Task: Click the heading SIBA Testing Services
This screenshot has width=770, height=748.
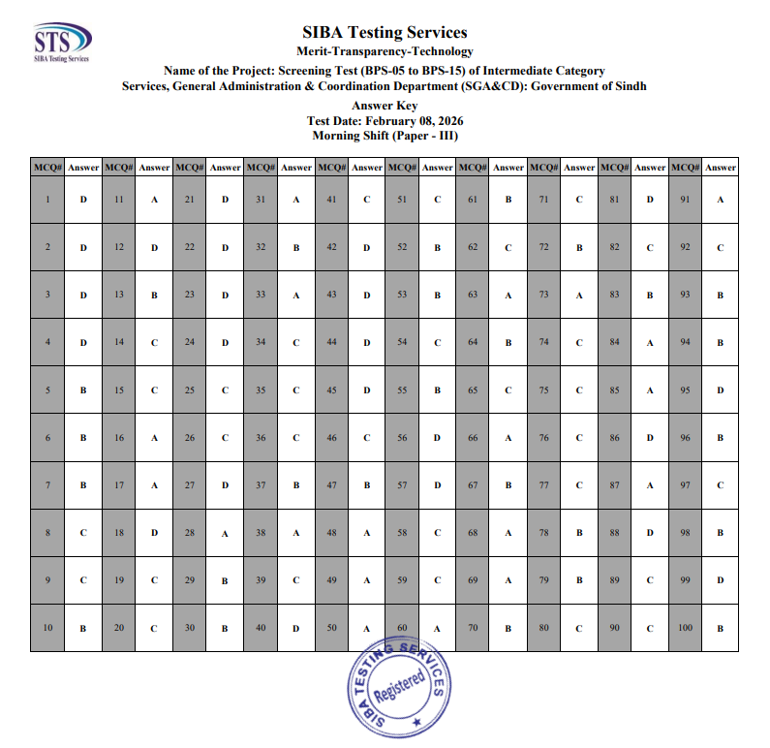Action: pyautogui.click(x=385, y=34)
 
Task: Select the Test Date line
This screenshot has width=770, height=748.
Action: pyautogui.click(x=385, y=121)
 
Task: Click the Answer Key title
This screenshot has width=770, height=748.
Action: pyautogui.click(x=385, y=107)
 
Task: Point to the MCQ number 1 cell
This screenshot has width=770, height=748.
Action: pyautogui.click(x=47, y=200)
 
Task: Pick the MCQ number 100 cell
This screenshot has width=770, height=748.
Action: pyautogui.click(x=686, y=627)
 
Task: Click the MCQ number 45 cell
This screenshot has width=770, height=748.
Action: pyautogui.click(x=331, y=390)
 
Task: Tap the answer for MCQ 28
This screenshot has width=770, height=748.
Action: pyautogui.click(x=225, y=533)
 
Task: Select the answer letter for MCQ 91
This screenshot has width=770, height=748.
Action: pyautogui.click(x=721, y=200)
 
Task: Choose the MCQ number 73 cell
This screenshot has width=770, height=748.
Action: pyautogui.click(x=543, y=295)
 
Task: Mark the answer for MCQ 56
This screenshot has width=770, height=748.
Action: pyautogui.click(x=438, y=437)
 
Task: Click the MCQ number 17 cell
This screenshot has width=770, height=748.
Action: pyautogui.click(x=118, y=484)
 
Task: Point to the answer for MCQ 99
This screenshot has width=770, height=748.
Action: pyautogui.click(x=721, y=579)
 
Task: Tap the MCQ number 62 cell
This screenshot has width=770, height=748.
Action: pyautogui.click(x=473, y=247)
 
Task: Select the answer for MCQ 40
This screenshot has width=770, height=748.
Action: pyautogui.click(x=295, y=628)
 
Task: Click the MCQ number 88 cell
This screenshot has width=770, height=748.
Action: pyautogui.click(x=614, y=532)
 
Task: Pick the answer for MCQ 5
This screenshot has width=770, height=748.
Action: pyautogui.click(x=83, y=390)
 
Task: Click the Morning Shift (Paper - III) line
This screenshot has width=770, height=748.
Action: pyautogui.click(x=385, y=136)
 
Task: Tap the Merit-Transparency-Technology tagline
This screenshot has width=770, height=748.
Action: pyautogui.click(x=385, y=51)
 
